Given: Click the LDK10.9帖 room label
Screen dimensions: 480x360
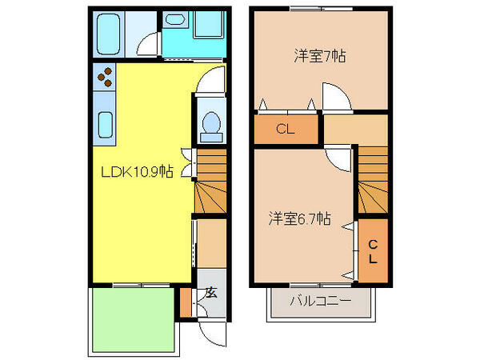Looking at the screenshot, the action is click(x=137, y=171).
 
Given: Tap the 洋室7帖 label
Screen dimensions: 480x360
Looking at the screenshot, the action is click(x=320, y=56).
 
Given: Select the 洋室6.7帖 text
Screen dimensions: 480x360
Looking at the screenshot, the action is click(x=300, y=218).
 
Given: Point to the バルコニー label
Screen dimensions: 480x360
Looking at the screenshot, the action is click(x=321, y=301).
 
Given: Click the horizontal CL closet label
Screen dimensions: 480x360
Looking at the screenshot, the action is click(x=286, y=129).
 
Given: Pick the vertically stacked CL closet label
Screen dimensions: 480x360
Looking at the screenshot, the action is click(x=373, y=252).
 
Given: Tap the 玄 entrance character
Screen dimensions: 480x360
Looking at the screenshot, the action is click(x=211, y=293).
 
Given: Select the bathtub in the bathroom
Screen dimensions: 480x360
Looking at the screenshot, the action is click(x=108, y=34).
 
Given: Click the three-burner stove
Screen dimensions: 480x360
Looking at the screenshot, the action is click(x=104, y=77).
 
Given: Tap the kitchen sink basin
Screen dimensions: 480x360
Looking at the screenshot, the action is click(x=106, y=126).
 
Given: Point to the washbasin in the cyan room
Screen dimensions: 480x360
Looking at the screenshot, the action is click(x=174, y=20).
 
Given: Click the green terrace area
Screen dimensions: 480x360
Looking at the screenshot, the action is click(x=134, y=320).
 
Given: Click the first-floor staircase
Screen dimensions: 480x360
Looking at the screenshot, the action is click(x=210, y=181).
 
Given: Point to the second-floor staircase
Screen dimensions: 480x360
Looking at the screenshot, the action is click(x=373, y=180).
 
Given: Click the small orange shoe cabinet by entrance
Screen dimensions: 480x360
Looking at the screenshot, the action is click(x=186, y=302).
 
